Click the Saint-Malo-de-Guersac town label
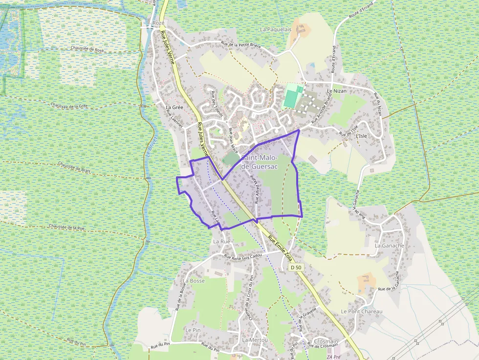pyautogui.click(x=260, y=162)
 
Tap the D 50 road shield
pyautogui.click(x=296, y=267)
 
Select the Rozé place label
pyautogui.click(x=158, y=23)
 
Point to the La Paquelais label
pyautogui.click(x=275, y=29)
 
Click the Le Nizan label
pyautogui.click(x=336, y=91)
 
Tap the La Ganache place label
pyautogui.click(x=390, y=246)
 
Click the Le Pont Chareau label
pyautogui.click(x=362, y=311)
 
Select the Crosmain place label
pyautogui.click(x=326, y=341)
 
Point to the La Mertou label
pyautogui.click(x=255, y=339)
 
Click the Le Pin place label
pyautogui.click(x=193, y=330)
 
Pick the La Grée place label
pyautogui.click(x=174, y=107)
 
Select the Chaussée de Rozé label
pyautogui.click(x=87, y=49)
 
